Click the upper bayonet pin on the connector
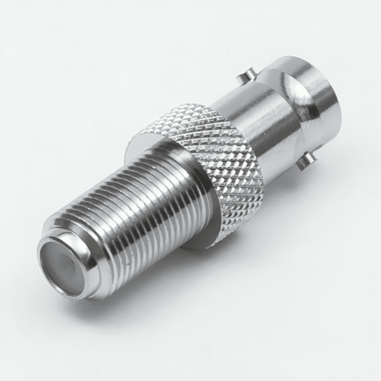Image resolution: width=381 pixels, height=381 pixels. pyautogui.click(x=243, y=79)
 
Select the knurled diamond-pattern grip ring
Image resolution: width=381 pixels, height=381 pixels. pyautogui.click(x=210, y=152)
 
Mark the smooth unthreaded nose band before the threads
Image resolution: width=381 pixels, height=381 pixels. pyautogui.click(x=79, y=254)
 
